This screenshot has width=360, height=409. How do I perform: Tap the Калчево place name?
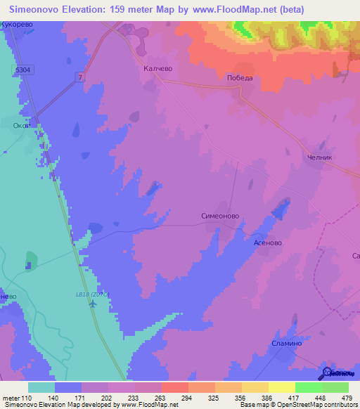click(x=157, y=70)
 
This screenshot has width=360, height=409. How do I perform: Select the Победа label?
click(x=239, y=78)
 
